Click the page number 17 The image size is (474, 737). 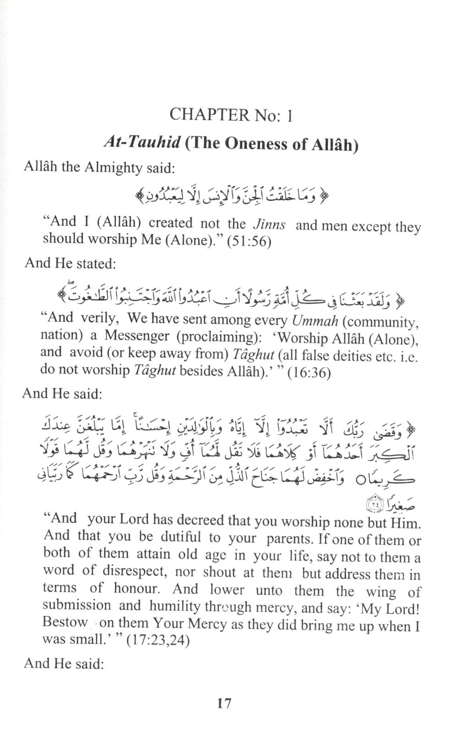pos(224,703)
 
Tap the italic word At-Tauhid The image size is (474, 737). pos(142,142)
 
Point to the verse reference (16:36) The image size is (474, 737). pos(309,372)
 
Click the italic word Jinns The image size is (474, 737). pos(269,224)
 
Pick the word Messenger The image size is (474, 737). pos(138,335)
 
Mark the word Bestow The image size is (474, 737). pos(65,622)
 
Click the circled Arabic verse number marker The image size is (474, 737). pos(375,504)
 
